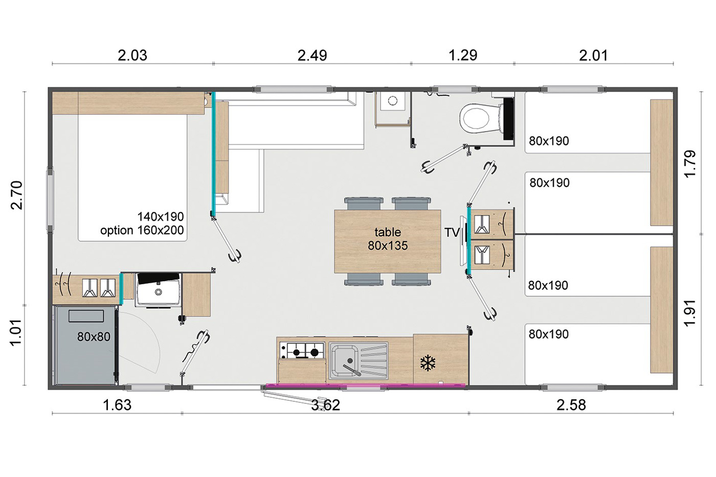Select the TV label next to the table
pyautogui.click(x=452, y=233)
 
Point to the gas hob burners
pyautogui.click(x=302, y=350)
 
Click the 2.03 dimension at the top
pyautogui.click(x=132, y=56)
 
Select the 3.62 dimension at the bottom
pyautogui.click(x=325, y=405)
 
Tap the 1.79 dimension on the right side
pyautogui.click(x=690, y=163)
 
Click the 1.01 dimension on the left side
pyautogui.click(x=16, y=332)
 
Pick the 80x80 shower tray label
pyautogui.click(x=94, y=336)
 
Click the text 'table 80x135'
pyautogui.click(x=388, y=239)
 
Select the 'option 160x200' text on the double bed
pyautogui.click(x=142, y=230)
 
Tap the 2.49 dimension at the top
pyautogui.click(x=312, y=56)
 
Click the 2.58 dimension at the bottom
pyautogui.click(x=571, y=405)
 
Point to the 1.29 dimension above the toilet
pyautogui.click(x=463, y=55)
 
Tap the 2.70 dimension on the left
pyautogui.click(x=16, y=195)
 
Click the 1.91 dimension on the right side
pyautogui.click(x=690, y=313)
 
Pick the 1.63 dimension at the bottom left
pyautogui.click(x=117, y=405)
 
